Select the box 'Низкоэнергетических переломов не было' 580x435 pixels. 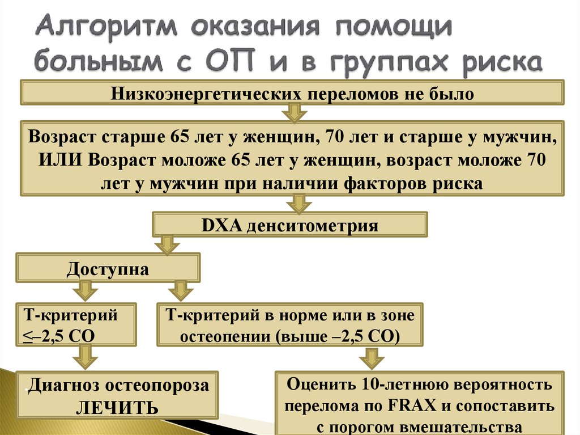[x=292, y=92]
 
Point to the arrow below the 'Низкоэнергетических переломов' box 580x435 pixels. [x=294, y=112]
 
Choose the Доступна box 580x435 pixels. [x=108, y=268]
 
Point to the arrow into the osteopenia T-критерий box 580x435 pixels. [x=181, y=292]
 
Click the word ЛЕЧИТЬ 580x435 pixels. [x=118, y=408]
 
